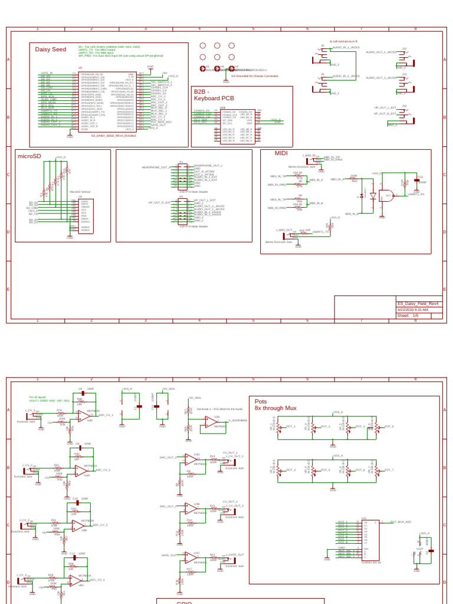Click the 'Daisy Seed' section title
coord(51,50)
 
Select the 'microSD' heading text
coord(29,156)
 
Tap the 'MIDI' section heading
coord(281,153)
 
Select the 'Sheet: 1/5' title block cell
coord(408,316)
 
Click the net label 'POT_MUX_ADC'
coord(401,522)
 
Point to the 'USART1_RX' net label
coord(415,193)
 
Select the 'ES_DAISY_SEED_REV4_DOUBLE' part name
coord(113,136)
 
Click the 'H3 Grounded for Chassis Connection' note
coord(254,76)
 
